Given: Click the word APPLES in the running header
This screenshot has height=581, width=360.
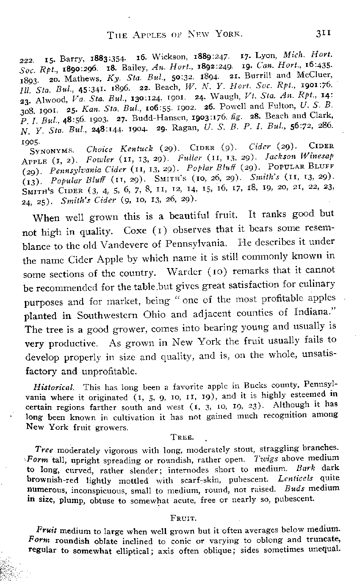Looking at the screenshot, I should pos(152,33).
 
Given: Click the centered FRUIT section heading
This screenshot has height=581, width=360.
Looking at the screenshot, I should pos(181,517).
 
